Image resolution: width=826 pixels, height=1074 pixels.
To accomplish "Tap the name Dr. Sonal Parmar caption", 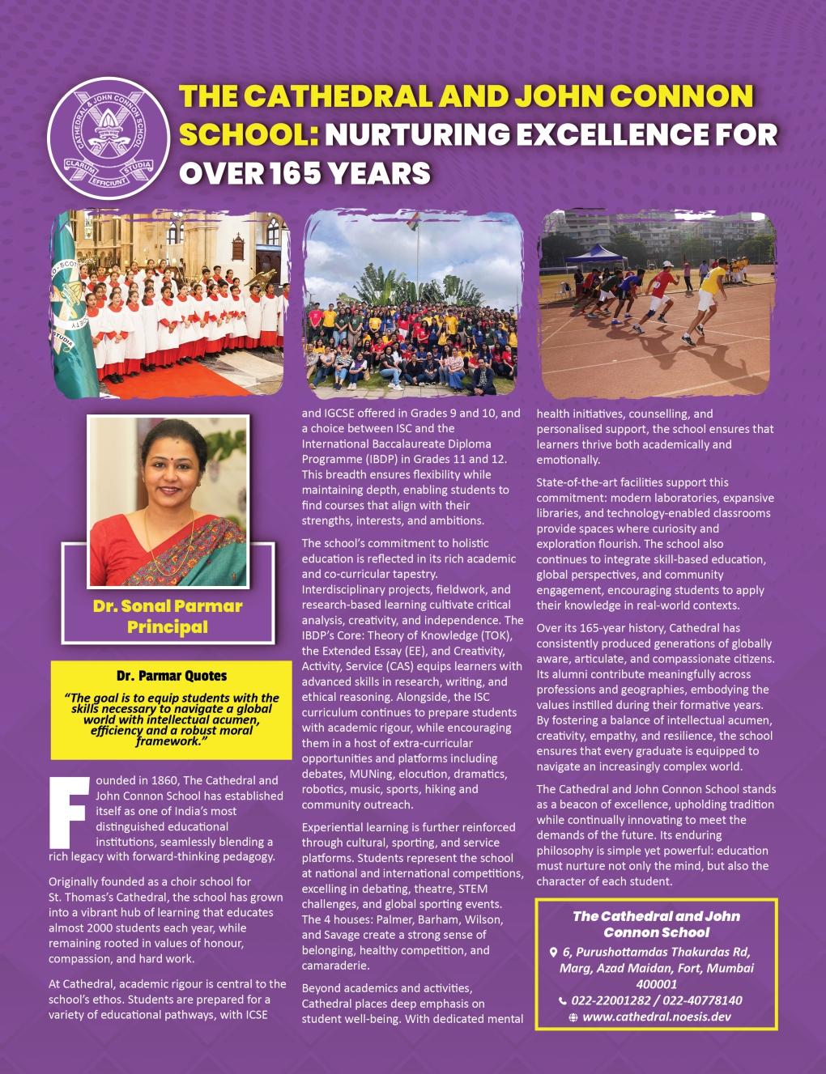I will pyautogui.click(x=168, y=605).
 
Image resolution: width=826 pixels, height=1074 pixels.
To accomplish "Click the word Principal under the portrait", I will pyautogui.click(x=168, y=626).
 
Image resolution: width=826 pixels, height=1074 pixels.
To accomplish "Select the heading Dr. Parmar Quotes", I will pyautogui.click(x=171, y=675).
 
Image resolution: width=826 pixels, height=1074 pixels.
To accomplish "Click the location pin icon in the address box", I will pyautogui.click(x=553, y=953).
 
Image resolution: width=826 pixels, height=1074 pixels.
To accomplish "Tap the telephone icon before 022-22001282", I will pyautogui.click(x=563, y=1000).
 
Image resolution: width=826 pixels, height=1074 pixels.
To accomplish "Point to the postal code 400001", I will pyautogui.click(x=656, y=984).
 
